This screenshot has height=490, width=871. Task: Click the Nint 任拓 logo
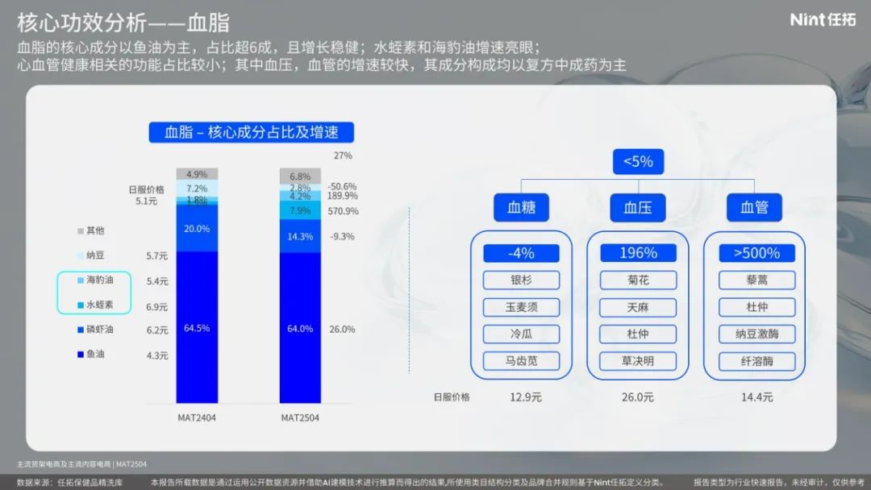(823, 20)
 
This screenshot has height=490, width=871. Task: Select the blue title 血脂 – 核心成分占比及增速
(251, 132)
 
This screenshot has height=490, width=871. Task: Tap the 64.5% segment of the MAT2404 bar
(197, 327)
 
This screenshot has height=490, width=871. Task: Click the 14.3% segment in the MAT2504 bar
(300, 236)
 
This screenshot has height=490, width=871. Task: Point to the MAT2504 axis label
(300, 417)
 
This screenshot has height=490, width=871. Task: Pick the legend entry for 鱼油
(91, 354)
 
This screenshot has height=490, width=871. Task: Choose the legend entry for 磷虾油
(95, 330)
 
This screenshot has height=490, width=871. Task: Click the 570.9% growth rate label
(343, 211)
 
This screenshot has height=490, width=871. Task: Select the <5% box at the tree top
(638, 161)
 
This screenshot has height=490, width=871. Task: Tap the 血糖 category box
(521, 208)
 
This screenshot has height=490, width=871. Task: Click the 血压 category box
(638, 208)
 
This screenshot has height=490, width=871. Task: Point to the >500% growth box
(756, 253)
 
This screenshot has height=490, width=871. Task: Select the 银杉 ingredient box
(521, 280)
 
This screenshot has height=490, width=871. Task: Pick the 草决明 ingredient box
(638, 361)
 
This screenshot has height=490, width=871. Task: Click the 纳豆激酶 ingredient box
(756, 334)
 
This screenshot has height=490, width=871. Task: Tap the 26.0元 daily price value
(638, 397)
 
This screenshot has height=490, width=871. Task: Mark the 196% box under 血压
(638, 253)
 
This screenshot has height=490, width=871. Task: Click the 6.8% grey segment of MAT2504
(300, 176)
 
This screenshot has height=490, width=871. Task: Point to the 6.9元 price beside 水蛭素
(156, 307)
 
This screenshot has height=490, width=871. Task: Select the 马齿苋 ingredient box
(521, 361)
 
